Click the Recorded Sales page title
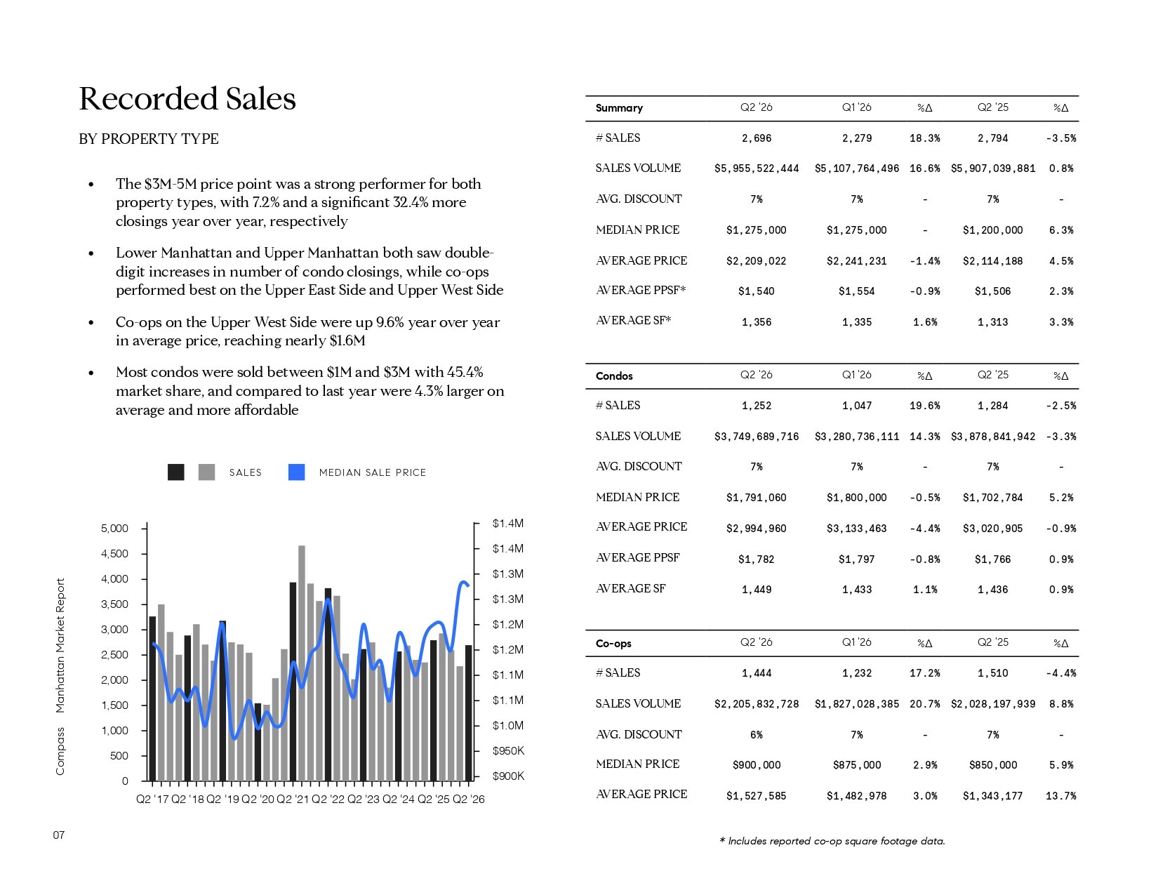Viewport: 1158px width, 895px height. pyautogui.click(x=187, y=98)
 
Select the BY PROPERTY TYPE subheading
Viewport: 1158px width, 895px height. pyautogui.click(x=149, y=138)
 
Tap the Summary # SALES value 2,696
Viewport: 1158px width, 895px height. pyautogui.click(x=756, y=138)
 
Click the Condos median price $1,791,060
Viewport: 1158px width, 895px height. pyautogui.click(x=756, y=498)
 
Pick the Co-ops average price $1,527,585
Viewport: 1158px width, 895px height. pyautogui.click(x=756, y=796)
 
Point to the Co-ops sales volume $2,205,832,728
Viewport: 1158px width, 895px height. pyautogui.click(x=756, y=703)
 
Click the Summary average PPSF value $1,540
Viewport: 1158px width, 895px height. pyautogui.click(x=756, y=291)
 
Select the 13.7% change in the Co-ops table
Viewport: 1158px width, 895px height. pyautogui.click(x=1060, y=796)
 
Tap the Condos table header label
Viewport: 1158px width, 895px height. pyautogui.click(x=614, y=376)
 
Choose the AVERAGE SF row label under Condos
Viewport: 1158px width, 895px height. pyautogui.click(x=630, y=588)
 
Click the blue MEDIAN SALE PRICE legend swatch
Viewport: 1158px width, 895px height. pyautogui.click(x=296, y=472)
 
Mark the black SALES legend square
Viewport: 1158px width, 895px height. pyautogui.click(x=176, y=472)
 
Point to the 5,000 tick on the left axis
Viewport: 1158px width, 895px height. pyautogui.click(x=114, y=529)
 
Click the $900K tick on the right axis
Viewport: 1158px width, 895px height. pyautogui.click(x=508, y=776)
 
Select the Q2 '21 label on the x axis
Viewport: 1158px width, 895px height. pyautogui.click(x=293, y=799)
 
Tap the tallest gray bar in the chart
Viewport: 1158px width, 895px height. pyautogui.click(x=302, y=663)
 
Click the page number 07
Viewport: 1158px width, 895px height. pyautogui.click(x=59, y=835)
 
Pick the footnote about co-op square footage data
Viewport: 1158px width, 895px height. pyautogui.click(x=832, y=841)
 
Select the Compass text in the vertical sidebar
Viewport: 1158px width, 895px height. pyautogui.click(x=60, y=751)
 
